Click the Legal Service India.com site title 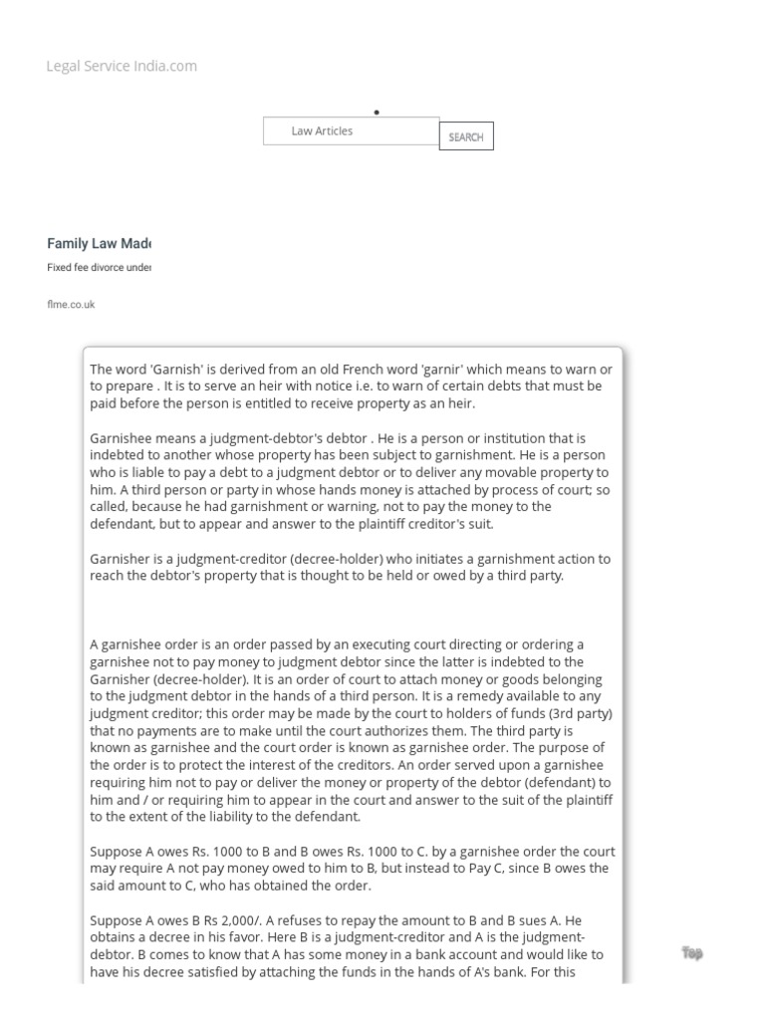122,67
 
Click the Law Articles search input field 351,131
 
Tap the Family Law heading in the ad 99,244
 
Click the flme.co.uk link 71,305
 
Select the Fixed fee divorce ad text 99,268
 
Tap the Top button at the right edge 692,953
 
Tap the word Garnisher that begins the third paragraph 119,559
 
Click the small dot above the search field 377,113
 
